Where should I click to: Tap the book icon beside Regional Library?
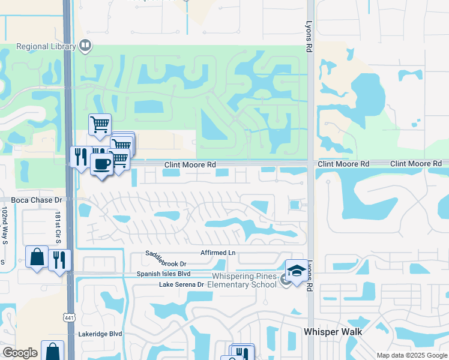pyautogui.click(x=86, y=45)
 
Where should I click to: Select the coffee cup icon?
pyautogui.click(x=101, y=164)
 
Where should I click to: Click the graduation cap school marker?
pyautogui.click(x=297, y=271)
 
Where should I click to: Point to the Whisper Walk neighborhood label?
pyautogui.click(x=332, y=331)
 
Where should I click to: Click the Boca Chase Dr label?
pyautogui.click(x=37, y=200)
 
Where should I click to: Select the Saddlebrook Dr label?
pyautogui.click(x=166, y=259)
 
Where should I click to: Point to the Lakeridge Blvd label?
pyautogui.click(x=100, y=334)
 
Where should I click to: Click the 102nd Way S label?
pyautogui.click(x=4, y=226)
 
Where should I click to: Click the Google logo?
pyautogui.click(x=20, y=353)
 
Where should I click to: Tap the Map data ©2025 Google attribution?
pyautogui.click(x=411, y=355)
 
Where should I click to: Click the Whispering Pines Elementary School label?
pyautogui.click(x=243, y=280)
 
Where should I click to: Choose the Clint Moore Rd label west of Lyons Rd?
pyautogui.click(x=190, y=164)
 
